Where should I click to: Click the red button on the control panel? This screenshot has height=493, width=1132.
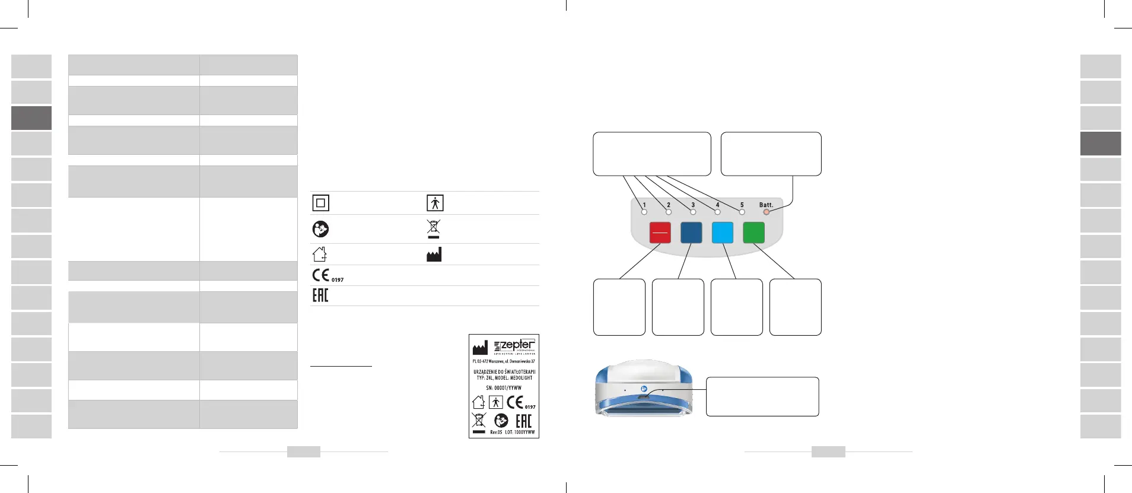(660, 233)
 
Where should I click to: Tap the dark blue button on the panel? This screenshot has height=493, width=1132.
(691, 233)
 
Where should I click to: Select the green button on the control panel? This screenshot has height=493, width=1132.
(753, 233)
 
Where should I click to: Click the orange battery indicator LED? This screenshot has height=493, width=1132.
(766, 212)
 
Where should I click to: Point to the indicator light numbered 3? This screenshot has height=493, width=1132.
(693, 212)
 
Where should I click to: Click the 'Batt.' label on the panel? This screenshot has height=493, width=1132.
(766, 205)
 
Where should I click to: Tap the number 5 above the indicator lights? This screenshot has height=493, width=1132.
(742, 205)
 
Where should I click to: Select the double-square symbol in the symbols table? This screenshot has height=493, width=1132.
(320, 203)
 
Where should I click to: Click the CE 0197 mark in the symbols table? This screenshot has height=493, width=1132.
(327, 275)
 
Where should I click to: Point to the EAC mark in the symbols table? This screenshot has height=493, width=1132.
(320, 295)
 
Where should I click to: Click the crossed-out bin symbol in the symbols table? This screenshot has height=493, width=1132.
(434, 229)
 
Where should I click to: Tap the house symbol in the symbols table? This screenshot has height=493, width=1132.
(320, 255)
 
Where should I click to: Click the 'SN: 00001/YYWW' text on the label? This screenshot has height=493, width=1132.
(504, 388)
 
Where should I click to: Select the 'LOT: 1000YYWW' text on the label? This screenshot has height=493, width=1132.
(520, 432)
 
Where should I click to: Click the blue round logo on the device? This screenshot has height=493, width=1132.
(644, 389)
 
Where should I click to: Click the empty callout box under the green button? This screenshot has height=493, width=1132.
(795, 307)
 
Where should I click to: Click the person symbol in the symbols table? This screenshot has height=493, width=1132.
(435, 203)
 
